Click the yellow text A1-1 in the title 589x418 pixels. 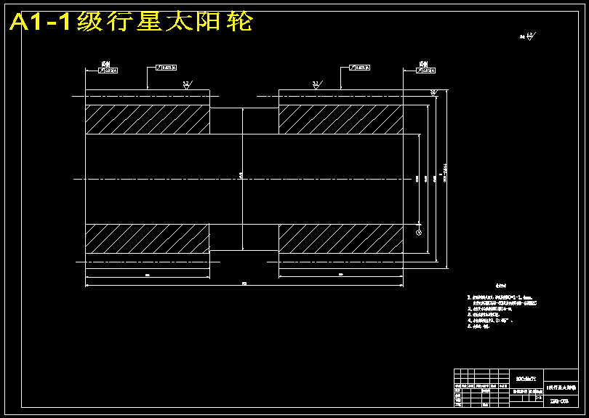pyautogui.click(x=41, y=23)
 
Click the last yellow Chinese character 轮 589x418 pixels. pyautogui.click(x=240, y=23)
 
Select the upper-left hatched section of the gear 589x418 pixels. pyautogui.click(x=148, y=120)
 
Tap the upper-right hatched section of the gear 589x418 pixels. pyautogui.click(x=340, y=120)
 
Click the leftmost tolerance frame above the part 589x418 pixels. pyautogui.click(x=107, y=71)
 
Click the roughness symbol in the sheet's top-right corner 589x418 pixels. pyautogui.click(x=529, y=35)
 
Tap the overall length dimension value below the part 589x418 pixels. pyautogui.click(x=244, y=283)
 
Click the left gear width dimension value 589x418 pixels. pyautogui.click(x=148, y=275)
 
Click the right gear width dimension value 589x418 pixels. pyautogui.click(x=340, y=275)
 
